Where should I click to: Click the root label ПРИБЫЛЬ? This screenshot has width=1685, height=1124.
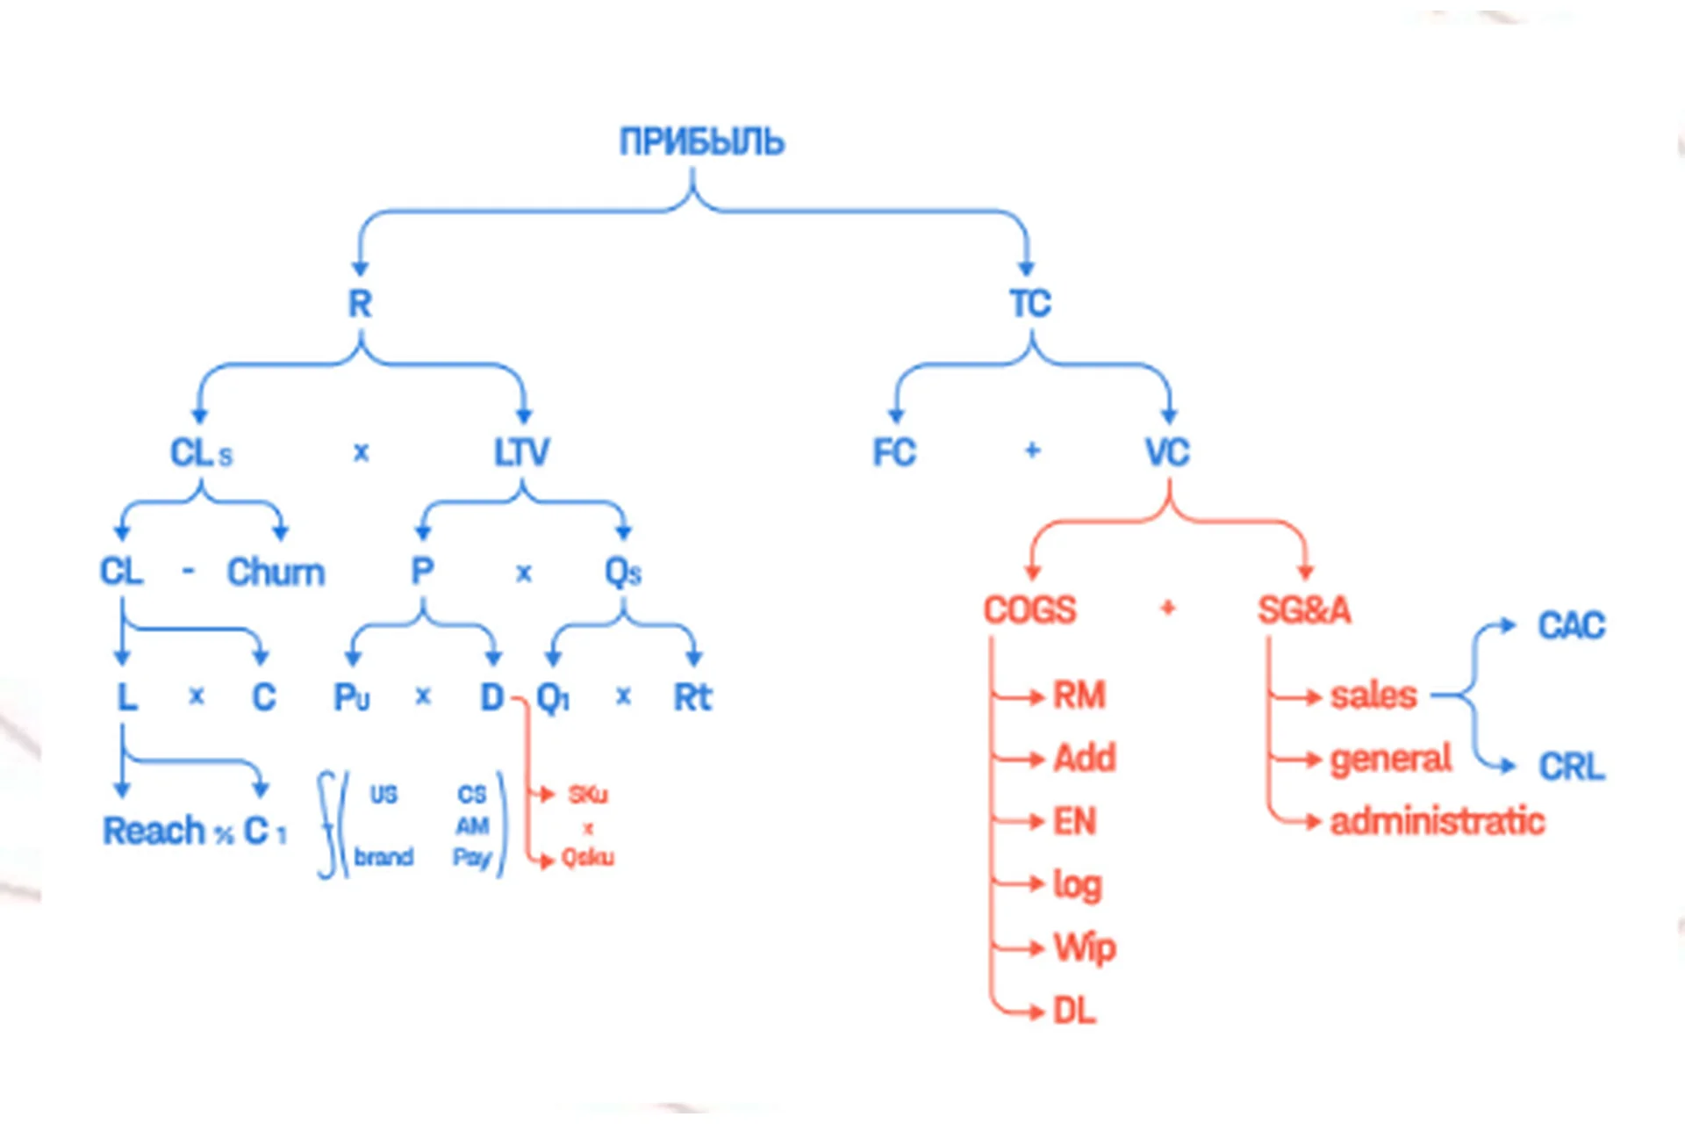pyautogui.click(x=701, y=141)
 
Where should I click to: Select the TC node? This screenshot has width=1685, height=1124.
pyautogui.click(x=1029, y=304)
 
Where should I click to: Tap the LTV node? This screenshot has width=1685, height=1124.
pyautogui.click(x=521, y=453)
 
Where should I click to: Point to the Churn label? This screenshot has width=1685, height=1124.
pyautogui.click(x=276, y=573)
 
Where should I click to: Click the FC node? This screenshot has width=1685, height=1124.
pyautogui.click(x=893, y=453)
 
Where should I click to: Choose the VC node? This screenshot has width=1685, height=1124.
pyautogui.click(x=1167, y=453)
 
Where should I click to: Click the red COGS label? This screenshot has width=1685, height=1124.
pyautogui.click(x=1029, y=610)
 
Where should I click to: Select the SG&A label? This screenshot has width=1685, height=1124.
pyautogui.click(x=1304, y=610)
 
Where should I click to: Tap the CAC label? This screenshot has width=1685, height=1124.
pyautogui.click(x=1571, y=626)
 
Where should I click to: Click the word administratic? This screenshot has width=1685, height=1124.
pyautogui.click(x=1437, y=822)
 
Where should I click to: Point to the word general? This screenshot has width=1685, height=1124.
pyautogui.click(x=1390, y=759)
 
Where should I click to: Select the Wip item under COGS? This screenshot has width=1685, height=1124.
pyautogui.click(x=1085, y=948)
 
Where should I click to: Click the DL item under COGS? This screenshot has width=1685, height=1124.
pyautogui.click(x=1074, y=1012)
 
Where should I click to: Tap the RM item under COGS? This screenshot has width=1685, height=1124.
pyautogui.click(x=1079, y=695)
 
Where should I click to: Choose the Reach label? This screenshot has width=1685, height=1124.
pyautogui.click(x=154, y=831)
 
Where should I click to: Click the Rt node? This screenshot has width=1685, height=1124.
pyautogui.click(x=692, y=698)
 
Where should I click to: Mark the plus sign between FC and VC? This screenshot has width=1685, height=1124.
pyautogui.click(x=1032, y=451)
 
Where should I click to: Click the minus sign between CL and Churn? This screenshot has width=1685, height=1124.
pyautogui.click(x=188, y=573)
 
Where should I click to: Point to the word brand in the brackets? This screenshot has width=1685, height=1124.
pyautogui.click(x=384, y=856)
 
